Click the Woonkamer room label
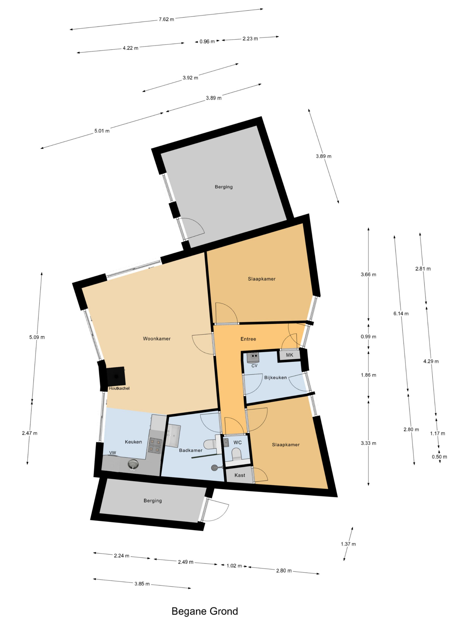[x=157, y=338]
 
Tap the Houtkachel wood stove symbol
[x=116, y=376]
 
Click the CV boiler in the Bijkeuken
[x=253, y=357]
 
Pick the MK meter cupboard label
[x=289, y=355]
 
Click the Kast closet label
[x=240, y=475]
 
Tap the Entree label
[x=248, y=339]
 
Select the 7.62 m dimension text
[x=166, y=19]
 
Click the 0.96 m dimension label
[x=207, y=42]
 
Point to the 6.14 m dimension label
[x=401, y=313]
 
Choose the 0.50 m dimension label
[x=439, y=457]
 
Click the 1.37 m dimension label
[x=348, y=544]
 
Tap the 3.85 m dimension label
[x=142, y=584]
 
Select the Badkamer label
[x=191, y=450]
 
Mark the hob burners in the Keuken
[x=155, y=445]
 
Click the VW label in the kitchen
[x=113, y=453]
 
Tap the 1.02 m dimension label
[x=234, y=566]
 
